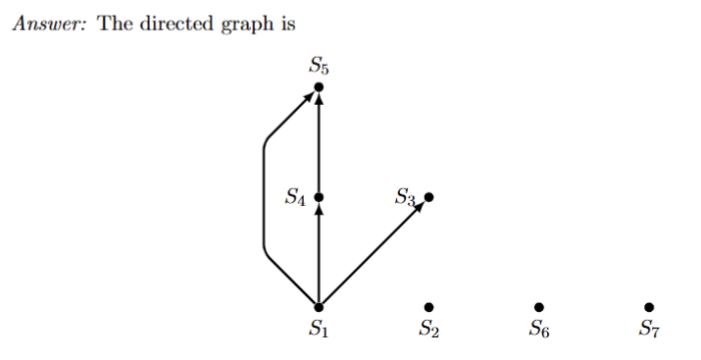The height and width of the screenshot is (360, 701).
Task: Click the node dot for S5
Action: pos(319,88)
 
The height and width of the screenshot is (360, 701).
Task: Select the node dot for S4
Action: pos(319,197)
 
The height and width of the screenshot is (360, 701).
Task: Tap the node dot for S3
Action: pos(428,197)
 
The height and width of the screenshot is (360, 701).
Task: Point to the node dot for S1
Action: pos(319,307)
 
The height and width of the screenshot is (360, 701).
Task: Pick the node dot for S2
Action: pos(428,307)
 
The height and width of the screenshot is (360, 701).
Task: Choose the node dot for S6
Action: pos(538,307)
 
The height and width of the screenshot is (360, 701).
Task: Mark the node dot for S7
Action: pos(648,307)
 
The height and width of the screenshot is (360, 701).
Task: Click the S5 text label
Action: pos(319,67)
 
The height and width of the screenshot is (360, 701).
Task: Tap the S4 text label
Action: pos(295,198)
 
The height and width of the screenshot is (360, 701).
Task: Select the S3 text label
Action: pos(406,197)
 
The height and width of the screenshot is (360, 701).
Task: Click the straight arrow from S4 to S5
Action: pos(319,142)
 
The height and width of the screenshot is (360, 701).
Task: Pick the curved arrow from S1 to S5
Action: pos(264,196)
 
